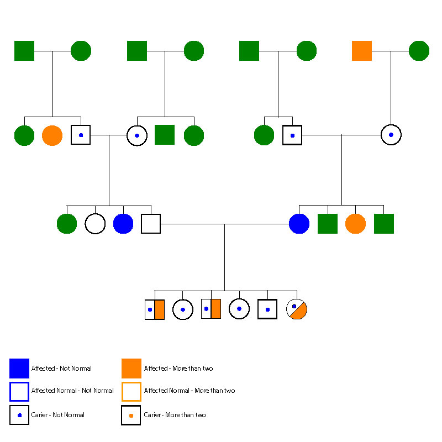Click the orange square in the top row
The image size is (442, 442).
point(362,51)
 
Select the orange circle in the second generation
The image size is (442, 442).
point(52,135)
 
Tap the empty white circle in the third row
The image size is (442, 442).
point(95,224)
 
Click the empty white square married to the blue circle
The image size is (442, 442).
point(151,224)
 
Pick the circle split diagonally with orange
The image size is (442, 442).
point(297,309)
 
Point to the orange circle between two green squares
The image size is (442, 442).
point(355,224)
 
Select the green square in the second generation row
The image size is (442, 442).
point(165,135)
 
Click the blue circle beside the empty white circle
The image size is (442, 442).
point(123,224)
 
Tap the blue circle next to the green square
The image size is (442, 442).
point(299,224)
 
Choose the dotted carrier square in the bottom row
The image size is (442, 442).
point(267,309)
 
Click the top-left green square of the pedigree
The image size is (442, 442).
point(24,51)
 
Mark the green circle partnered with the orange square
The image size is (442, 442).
point(419,51)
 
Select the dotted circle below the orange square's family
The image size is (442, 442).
point(391,134)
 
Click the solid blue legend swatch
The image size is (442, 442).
point(19,369)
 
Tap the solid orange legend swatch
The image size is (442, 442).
point(131,369)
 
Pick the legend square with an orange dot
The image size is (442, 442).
point(131,415)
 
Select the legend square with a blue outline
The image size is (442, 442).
point(19,391)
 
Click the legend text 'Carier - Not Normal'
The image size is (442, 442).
point(58,415)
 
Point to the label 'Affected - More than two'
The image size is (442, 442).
point(178,369)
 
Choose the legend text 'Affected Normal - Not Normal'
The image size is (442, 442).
point(72,391)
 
